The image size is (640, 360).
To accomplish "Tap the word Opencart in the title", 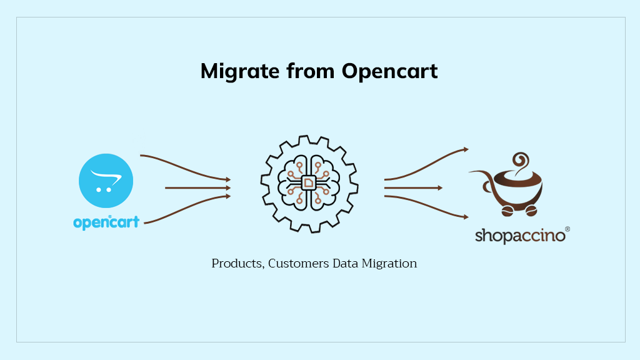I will tap(390, 71).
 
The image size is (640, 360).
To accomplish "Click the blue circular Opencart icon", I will tap(106, 181).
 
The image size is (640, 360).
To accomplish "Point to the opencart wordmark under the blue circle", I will tap(106, 222).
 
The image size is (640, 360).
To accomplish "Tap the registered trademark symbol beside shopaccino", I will tap(567, 229).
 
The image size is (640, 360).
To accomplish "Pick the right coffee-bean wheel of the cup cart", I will tap(532, 211).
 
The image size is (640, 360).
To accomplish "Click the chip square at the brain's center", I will tap(309, 182).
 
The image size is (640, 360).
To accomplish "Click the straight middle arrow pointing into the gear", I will tap(197, 187).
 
